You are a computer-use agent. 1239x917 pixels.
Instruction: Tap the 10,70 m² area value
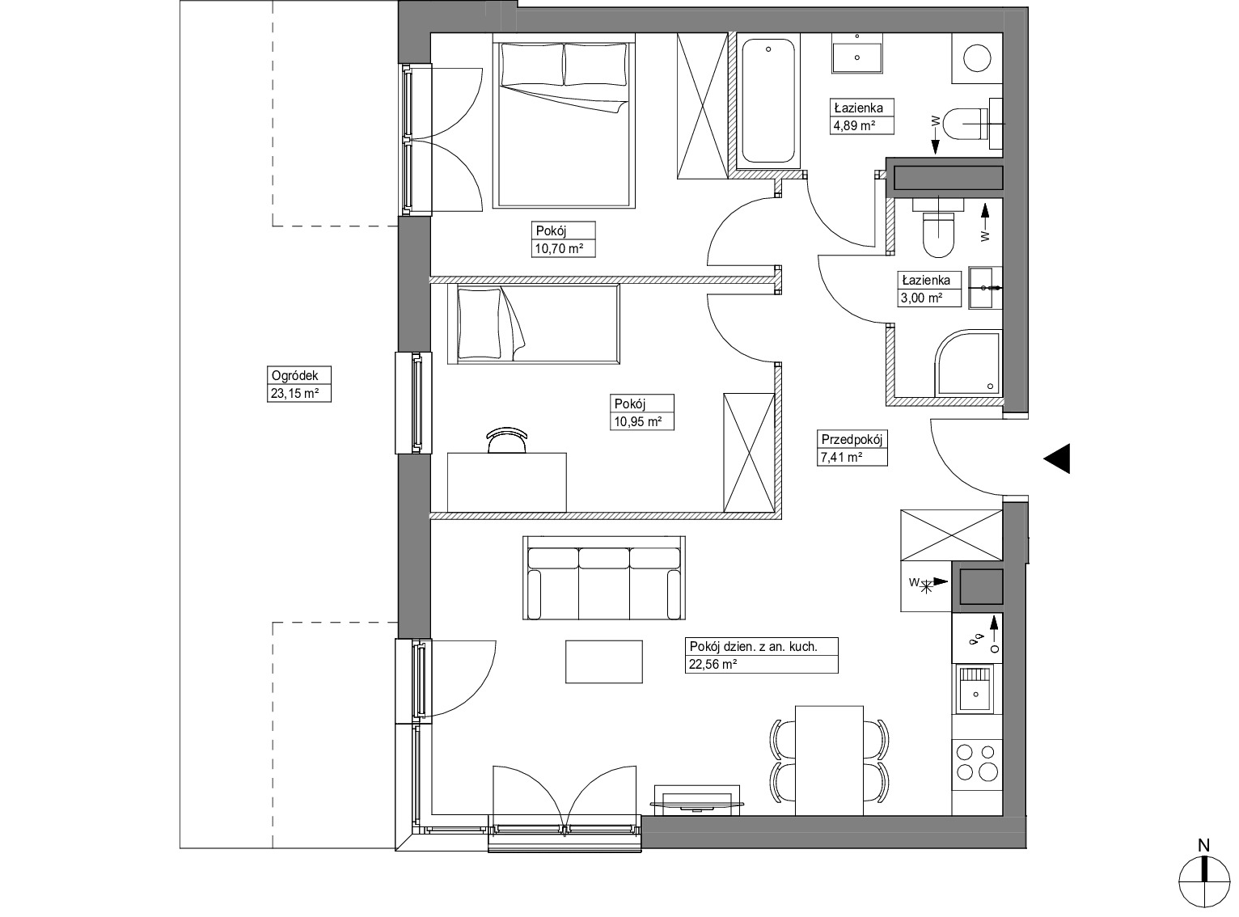pyautogui.click(x=559, y=249)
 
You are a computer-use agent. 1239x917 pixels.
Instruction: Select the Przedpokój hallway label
pyautogui.click(x=852, y=439)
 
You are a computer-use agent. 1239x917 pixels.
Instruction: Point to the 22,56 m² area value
pyautogui.click(x=713, y=665)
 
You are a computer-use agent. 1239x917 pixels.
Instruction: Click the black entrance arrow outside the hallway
pyautogui.click(x=1057, y=458)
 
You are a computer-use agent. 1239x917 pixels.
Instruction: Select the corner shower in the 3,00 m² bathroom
pyautogui.click(x=967, y=362)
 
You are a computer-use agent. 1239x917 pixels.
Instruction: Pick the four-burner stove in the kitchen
pyautogui.click(x=976, y=763)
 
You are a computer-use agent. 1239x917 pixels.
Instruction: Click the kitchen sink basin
pyautogui.click(x=976, y=689)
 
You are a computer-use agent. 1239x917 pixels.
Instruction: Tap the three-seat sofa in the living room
pyautogui.click(x=604, y=578)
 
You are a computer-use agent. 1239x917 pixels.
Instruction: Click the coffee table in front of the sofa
pyautogui.click(x=604, y=661)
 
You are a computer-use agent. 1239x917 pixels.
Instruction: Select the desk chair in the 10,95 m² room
pyautogui.click(x=506, y=440)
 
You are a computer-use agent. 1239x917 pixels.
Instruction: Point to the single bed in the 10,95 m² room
pyautogui.click(x=534, y=324)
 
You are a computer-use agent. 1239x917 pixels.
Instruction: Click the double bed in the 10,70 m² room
pyautogui.click(x=564, y=120)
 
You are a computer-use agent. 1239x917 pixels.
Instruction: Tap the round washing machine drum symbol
pyautogui.click(x=977, y=57)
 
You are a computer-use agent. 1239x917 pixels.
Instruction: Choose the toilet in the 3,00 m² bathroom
pyautogui.click(x=938, y=226)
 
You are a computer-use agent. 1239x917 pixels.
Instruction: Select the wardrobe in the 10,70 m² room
pyautogui.click(x=703, y=106)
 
